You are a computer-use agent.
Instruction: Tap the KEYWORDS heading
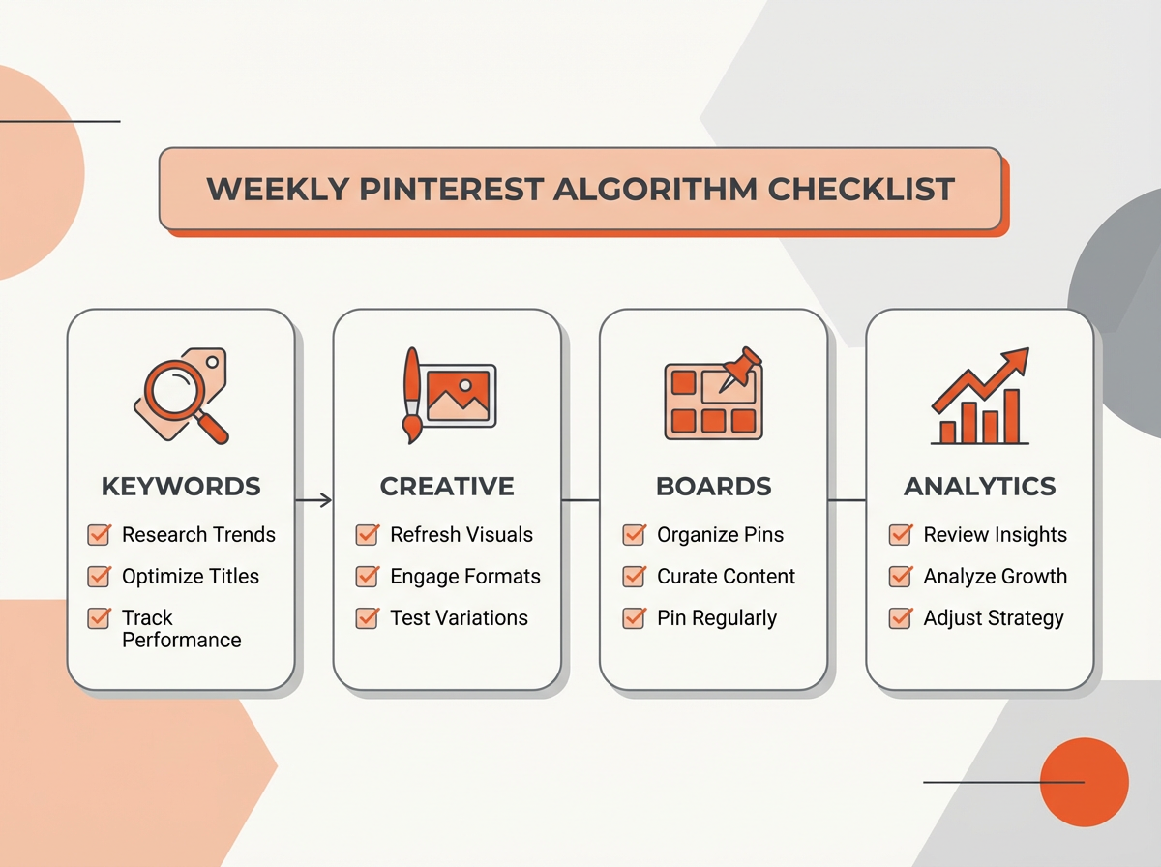click(180, 486)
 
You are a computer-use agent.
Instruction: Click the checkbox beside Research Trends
click(99, 535)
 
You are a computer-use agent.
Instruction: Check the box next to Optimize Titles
click(99, 577)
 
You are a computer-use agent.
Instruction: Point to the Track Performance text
click(181, 629)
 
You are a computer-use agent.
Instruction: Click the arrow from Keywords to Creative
click(313, 500)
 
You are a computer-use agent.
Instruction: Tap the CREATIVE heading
click(447, 486)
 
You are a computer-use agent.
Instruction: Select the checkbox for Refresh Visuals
click(367, 535)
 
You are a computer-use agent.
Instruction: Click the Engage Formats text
click(464, 577)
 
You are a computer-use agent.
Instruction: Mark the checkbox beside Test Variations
click(367, 618)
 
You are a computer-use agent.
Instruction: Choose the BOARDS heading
click(713, 486)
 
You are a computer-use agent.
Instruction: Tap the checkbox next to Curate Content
click(634, 577)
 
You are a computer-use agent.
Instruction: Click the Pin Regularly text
click(716, 618)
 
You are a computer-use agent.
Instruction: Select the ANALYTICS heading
click(979, 486)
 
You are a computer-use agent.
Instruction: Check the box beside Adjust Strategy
click(901, 618)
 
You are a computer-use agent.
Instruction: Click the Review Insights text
click(995, 535)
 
